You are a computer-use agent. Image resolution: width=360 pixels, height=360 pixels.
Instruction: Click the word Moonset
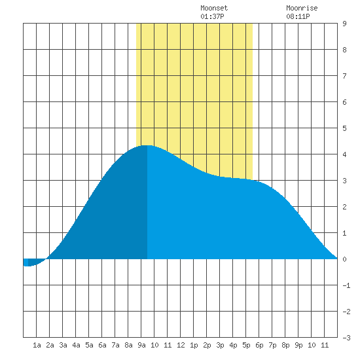(214, 8)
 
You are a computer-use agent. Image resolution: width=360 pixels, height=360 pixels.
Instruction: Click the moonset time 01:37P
(212, 16)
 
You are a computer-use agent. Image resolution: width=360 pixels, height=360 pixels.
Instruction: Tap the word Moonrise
(302, 8)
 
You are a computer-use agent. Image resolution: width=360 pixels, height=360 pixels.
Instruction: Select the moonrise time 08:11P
(298, 16)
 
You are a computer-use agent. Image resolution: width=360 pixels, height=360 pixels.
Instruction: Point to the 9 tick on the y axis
(344, 24)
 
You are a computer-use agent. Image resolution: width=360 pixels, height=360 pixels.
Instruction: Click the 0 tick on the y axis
(344, 259)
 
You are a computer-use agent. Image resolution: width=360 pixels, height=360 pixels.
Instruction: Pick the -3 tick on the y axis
(346, 338)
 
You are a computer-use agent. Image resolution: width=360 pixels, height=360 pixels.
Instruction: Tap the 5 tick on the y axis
(344, 128)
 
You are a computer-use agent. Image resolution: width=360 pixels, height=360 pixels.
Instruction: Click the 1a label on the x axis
(37, 345)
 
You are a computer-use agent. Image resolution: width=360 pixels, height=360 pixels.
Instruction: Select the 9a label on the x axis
(141, 345)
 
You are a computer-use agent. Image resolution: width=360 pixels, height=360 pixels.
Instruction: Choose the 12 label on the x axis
(181, 345)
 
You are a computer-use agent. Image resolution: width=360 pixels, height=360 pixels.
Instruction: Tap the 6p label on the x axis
(259, 345)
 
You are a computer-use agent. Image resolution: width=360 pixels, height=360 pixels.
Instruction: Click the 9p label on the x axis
(298, 345)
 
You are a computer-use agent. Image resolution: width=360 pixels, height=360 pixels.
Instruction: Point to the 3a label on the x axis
(63, 345)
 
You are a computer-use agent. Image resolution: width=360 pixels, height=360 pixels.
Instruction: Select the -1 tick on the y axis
(346, 285)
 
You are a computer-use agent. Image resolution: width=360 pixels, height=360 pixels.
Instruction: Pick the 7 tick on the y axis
(344, 76)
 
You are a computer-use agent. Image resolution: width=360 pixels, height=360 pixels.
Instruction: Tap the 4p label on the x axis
(233, 345)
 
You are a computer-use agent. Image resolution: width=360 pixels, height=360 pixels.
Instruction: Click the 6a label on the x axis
(102, 345)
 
